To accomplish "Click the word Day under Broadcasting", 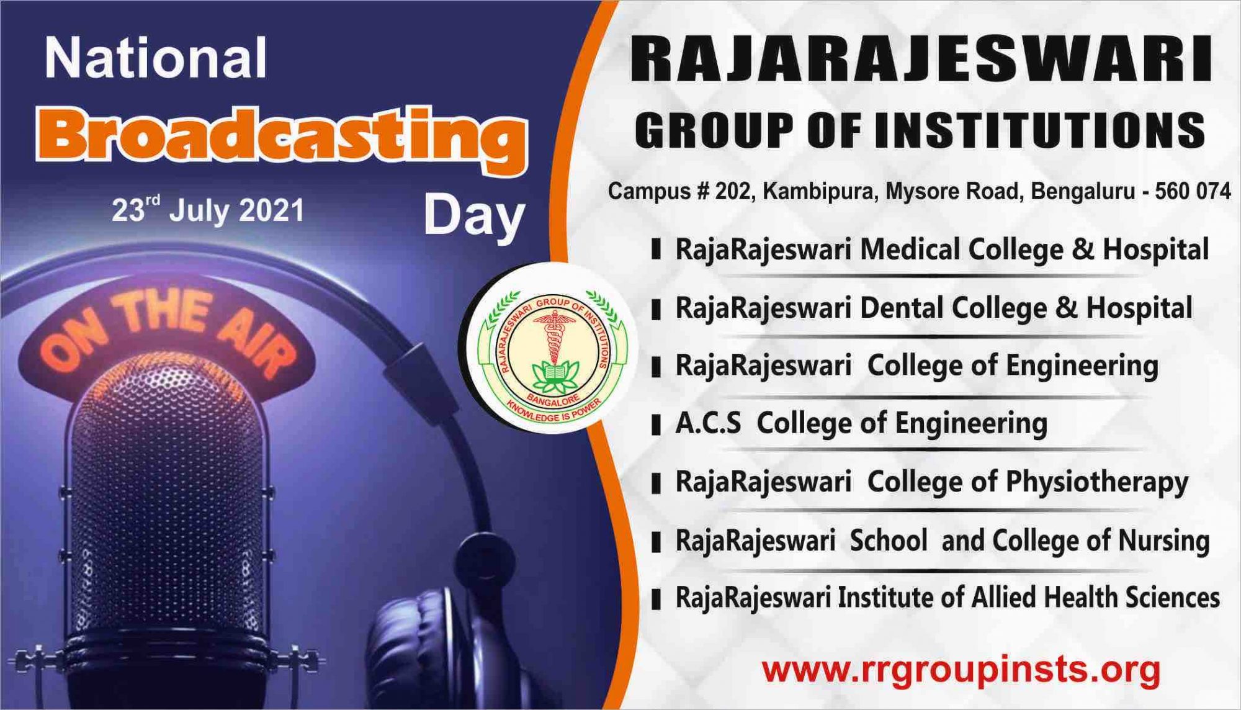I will (475, 217).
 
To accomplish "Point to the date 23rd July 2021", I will (208, 210).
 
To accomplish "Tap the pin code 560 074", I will (1193, 191).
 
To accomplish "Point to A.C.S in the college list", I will (708, 424).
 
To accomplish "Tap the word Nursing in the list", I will (1163, 541).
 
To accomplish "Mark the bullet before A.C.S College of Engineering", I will (656, 425).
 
